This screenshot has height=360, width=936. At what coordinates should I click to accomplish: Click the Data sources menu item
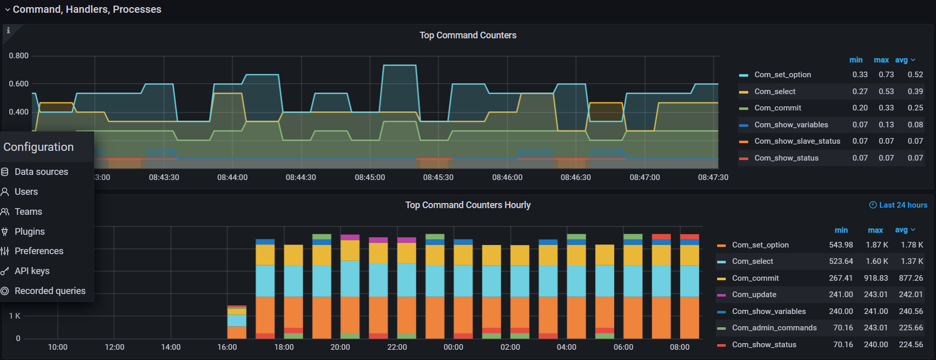point(41,172)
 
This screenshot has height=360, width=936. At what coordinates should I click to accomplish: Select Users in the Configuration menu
point(26,192)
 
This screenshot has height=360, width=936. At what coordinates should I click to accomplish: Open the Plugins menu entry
point(30,232)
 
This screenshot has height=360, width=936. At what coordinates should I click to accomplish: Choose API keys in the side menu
point(32,271)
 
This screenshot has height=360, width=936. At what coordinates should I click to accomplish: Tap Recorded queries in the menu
point(50,291)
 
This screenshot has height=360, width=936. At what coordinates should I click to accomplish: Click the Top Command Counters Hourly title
point(467,205)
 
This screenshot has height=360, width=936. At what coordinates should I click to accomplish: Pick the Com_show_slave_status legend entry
point(797,141)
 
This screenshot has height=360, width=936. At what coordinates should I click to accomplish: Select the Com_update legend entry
point(754,295)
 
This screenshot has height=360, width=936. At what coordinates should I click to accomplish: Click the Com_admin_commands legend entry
point(774,328)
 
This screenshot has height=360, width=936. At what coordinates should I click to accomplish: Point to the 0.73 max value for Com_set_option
point(886,75)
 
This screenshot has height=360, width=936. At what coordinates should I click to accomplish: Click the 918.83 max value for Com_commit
point(876,278)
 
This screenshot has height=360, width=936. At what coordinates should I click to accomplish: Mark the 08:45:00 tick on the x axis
point(370,177)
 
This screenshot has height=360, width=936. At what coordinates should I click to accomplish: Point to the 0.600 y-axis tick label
point(19,84)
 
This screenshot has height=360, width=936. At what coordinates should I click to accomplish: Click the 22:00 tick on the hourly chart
point(397,347)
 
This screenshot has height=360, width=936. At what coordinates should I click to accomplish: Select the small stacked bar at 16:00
point(237,322)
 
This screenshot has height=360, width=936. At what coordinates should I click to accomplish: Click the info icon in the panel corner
point(8,31)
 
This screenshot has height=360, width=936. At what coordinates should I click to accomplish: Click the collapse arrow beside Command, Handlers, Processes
point(7,10)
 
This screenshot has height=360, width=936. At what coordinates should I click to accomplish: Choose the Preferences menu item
point(39,251)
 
